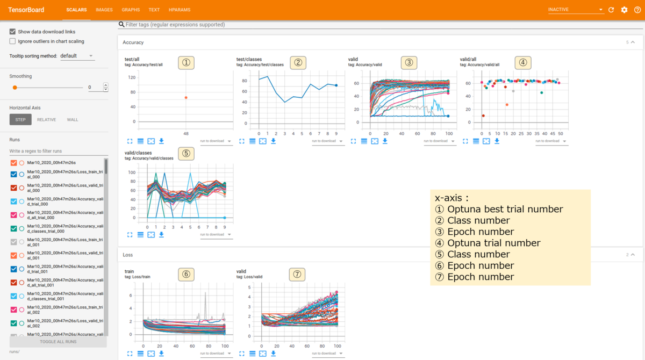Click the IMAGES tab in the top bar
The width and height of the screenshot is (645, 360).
pos(104,10)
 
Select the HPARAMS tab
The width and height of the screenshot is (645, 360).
pos(179,10)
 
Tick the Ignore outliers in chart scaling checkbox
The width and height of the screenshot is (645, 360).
pos(13,41)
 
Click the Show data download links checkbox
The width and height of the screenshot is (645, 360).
pos(13,32)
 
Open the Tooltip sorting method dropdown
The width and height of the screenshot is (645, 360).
pos(77,56)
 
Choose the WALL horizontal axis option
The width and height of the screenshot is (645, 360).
pos(72,120)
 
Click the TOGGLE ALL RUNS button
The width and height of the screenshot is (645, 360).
pos(58,342)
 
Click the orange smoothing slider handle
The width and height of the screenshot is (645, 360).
pos(15,87)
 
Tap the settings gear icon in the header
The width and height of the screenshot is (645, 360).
pos(624,10)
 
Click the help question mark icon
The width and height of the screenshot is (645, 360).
pos(637,10)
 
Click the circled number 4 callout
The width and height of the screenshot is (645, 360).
pos(522,62)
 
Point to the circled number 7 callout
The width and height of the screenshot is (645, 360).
pos(297,274)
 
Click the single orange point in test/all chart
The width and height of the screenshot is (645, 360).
pos(186,98)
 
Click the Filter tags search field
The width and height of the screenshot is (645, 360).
pos(269,25)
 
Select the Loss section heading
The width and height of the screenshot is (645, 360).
pos(128,255)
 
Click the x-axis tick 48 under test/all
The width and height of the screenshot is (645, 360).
pos(186,133)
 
